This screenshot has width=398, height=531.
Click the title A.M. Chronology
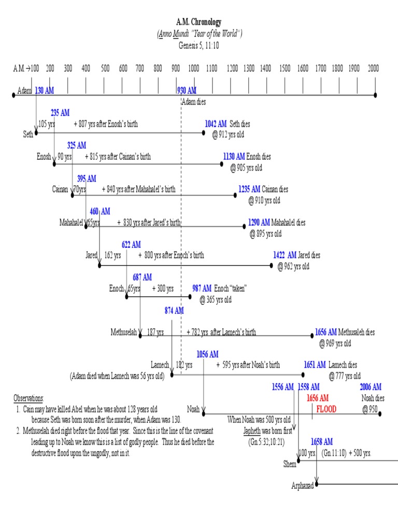(x=200, y=22)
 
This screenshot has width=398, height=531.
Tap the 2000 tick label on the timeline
(x=374, y=68)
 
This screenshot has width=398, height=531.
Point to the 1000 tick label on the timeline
(x=194, y=68)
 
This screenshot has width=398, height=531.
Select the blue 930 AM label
(x=187, y=90)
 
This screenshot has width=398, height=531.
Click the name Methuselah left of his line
(x=123, y=332)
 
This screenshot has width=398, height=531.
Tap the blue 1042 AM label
(x=216, y=124)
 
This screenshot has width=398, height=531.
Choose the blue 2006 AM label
(x=371, y=387)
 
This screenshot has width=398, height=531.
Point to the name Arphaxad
(x=303, y=486)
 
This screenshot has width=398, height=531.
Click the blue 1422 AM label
(x=285, y=255)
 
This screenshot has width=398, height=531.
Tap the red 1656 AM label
(x=317, y=398)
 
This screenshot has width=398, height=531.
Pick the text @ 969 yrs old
(x=335, y=343)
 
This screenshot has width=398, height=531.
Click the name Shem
(x=290, y=464)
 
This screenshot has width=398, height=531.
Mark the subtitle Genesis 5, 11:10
(x=200, y=45)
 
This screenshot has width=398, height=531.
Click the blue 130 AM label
(x=45, y=90)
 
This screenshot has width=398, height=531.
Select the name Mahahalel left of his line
(x=72, y=222)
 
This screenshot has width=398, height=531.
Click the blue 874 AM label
(x=174, y=311)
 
